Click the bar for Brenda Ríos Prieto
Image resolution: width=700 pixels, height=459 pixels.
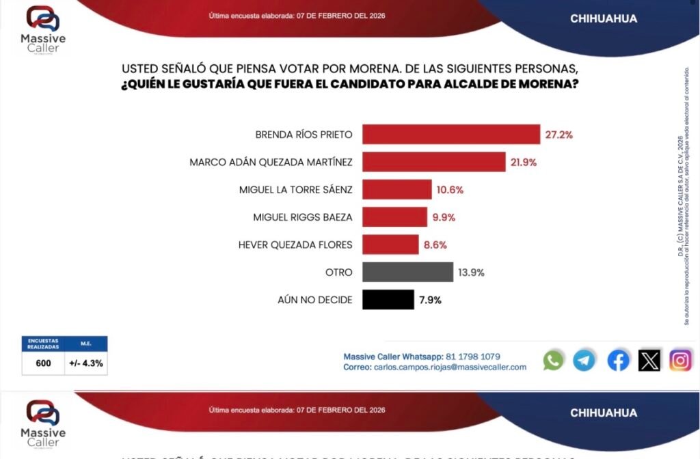[x=450, y=135]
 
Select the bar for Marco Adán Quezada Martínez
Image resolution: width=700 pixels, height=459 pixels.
[x=433, y=162]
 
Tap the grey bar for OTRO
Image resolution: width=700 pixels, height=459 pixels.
[x=407, y=272]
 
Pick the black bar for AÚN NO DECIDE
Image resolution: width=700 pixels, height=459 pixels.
[x=388, y=299]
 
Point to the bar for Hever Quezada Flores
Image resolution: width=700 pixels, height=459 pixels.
[x=390, y=245]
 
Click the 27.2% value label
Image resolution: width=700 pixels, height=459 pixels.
[x=558, y=135]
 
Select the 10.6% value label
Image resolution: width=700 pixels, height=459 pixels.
[x=450, y=190]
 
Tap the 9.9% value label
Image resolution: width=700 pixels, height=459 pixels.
[x=443, y=217]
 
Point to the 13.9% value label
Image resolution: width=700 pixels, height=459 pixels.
[x=470, y=272]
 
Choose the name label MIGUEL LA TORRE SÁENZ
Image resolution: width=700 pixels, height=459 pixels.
[x=296, y=190]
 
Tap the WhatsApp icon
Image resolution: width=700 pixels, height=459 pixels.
[x=553, y=360]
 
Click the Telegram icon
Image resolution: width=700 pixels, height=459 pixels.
[x=584, y=360]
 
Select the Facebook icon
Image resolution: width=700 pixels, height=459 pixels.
[x=618, y=360]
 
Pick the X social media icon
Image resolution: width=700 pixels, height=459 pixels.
[x=649, y=360]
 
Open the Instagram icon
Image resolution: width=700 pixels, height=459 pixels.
[x=680, y=360]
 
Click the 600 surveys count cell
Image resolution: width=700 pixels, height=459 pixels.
[x=44, y=363]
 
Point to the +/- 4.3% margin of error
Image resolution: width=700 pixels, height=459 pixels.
[x=87, y=363]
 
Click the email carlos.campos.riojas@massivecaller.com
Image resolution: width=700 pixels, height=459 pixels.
[x=448, y=367]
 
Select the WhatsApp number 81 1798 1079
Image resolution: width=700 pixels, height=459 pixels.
[x=473, y=356]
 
